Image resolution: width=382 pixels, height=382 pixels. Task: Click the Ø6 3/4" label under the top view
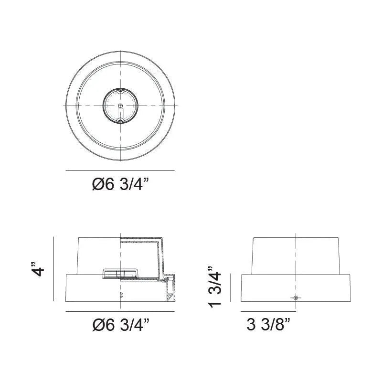coord(121,184)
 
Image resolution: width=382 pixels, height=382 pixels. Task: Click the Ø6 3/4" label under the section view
coord(121,325)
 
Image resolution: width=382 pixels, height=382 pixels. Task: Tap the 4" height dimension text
coord(38,269)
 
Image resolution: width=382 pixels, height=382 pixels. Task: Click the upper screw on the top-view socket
coord(120,91)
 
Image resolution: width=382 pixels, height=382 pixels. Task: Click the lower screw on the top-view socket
coord(120,121)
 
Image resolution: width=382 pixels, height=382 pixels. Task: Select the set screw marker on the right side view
coord(296,297)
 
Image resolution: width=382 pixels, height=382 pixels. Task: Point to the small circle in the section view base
coord(121,295)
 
